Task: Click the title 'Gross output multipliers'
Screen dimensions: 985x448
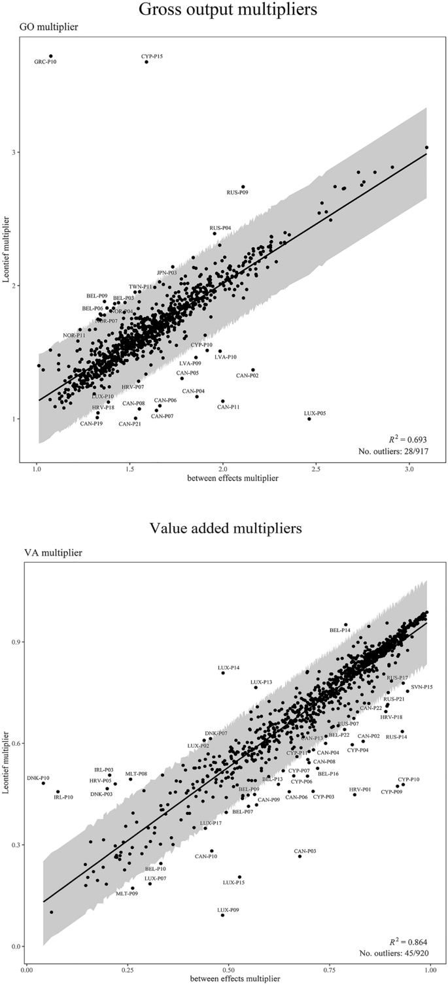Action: pyautogui.click(x=224, y=10)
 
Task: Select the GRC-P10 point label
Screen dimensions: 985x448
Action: pyautogui.click(x=45, y=63)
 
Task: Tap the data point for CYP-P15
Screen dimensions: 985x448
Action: pyautogui.click(x=146, y=62)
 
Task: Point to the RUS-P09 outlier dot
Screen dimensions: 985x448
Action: pyautogui.click(x=243, y=186)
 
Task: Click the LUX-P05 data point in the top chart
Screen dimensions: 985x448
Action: pyautogui.click(x=309, y=418)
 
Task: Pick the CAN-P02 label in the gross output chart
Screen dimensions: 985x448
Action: pyautogui.click(x=247, y=375)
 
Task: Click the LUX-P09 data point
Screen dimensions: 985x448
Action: pyautogui.click(x=223, y=915)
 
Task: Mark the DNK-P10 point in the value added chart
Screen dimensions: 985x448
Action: pyautogui.click(x=43, y=783)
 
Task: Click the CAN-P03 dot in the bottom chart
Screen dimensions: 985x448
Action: pyautogui.click(x=300, y=856)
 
